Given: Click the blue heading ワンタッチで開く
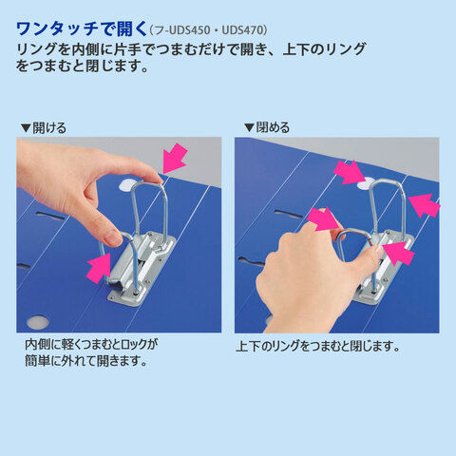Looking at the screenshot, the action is click(82, 28).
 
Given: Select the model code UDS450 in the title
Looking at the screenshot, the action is click(189, 30).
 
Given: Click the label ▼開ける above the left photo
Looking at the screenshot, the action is click(44, 128).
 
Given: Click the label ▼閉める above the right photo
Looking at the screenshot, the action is click(267, 127).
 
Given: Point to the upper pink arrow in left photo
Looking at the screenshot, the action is click(175, 158).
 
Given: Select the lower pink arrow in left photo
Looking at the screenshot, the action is click(98, 268).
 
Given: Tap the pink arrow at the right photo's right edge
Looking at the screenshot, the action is click(425, 205).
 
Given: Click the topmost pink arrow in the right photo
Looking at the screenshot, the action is click(351, 173).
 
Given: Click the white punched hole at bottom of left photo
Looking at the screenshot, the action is click(38, 322).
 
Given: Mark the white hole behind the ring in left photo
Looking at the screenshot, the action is click(127, 184).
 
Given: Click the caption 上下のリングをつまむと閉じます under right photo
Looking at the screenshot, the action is click(318, 346).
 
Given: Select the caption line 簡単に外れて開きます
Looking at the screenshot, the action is click(86, 360).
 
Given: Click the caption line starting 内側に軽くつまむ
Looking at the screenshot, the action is click(91, 344).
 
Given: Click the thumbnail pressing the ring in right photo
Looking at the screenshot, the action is click(378, 251).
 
